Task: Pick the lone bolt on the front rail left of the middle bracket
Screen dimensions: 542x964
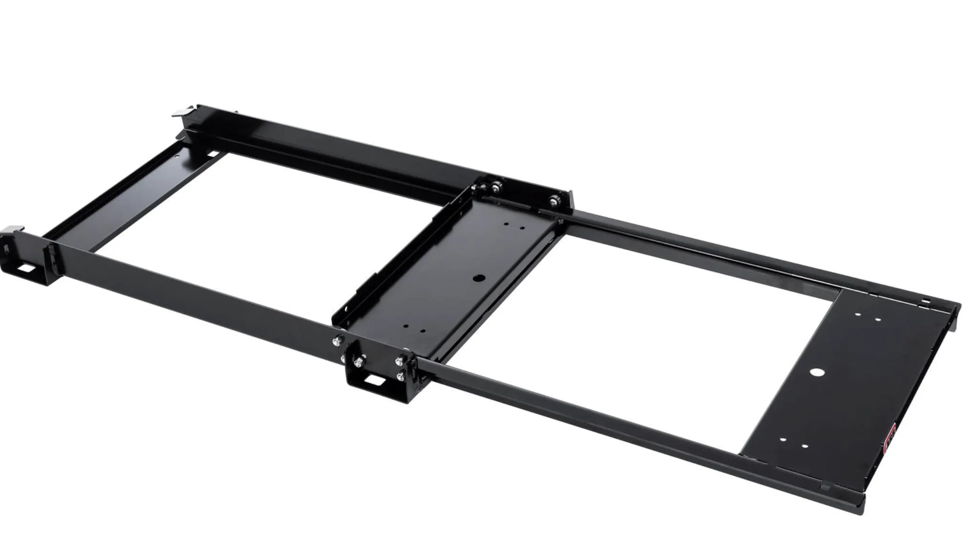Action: (337, 340)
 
